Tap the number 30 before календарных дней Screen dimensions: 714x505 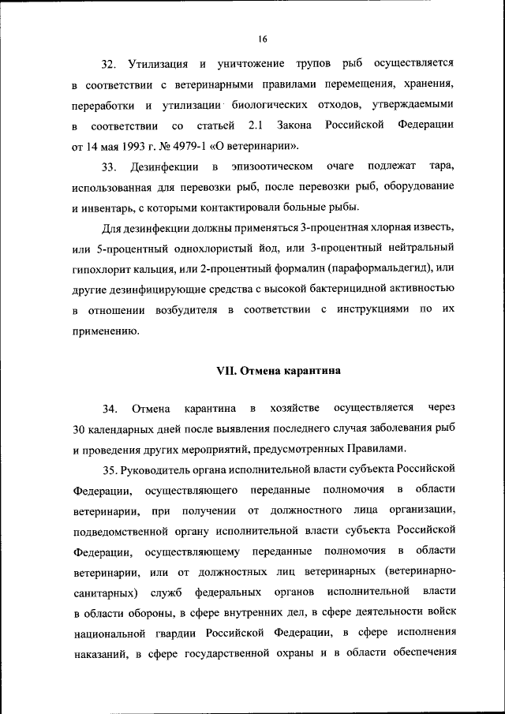(x=79, y=429)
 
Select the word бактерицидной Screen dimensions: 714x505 (x=350, y=290)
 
